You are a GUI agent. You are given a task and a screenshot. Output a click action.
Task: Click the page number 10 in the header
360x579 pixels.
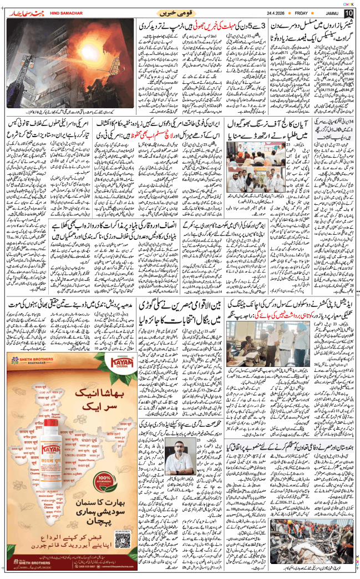[348, 13]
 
